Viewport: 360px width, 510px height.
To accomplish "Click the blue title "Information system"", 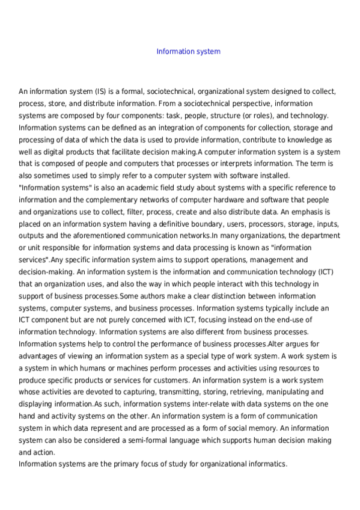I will coord(188,52).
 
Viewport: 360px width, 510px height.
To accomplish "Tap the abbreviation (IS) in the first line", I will coord(100,92).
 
